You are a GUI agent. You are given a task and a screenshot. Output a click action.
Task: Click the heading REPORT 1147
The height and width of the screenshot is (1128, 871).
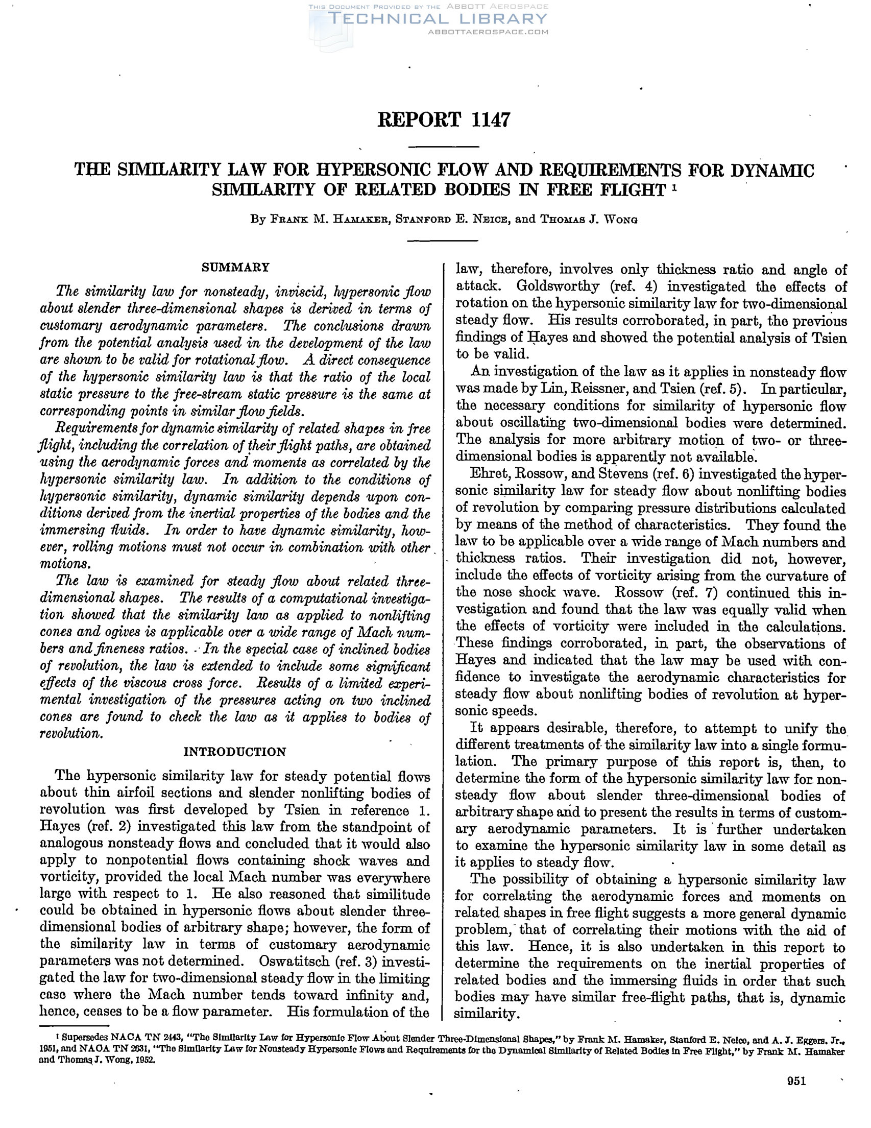444,120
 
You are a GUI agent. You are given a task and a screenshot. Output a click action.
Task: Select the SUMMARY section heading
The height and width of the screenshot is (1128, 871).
235,267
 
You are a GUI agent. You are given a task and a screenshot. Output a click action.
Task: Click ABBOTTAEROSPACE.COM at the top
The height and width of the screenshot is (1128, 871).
488,32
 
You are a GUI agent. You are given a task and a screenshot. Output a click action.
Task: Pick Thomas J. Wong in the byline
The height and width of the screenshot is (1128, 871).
589,219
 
